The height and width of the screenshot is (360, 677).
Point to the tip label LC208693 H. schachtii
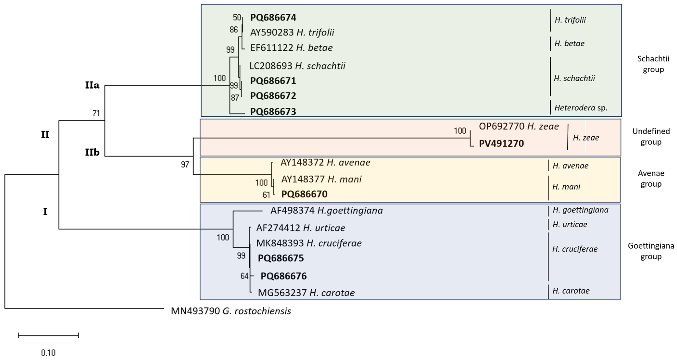297,66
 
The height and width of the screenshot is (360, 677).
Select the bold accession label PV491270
501,144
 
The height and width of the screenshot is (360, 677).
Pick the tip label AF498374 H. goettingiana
326,210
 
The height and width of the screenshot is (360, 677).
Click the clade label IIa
92,85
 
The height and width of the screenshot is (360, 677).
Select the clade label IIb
92,152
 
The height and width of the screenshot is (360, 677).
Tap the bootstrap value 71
96,113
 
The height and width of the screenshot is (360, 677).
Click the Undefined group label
651,137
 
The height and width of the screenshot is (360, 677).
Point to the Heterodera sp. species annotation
581,108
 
